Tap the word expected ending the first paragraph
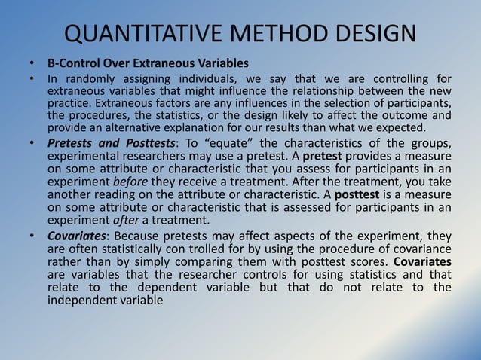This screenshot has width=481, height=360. (424, 127)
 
